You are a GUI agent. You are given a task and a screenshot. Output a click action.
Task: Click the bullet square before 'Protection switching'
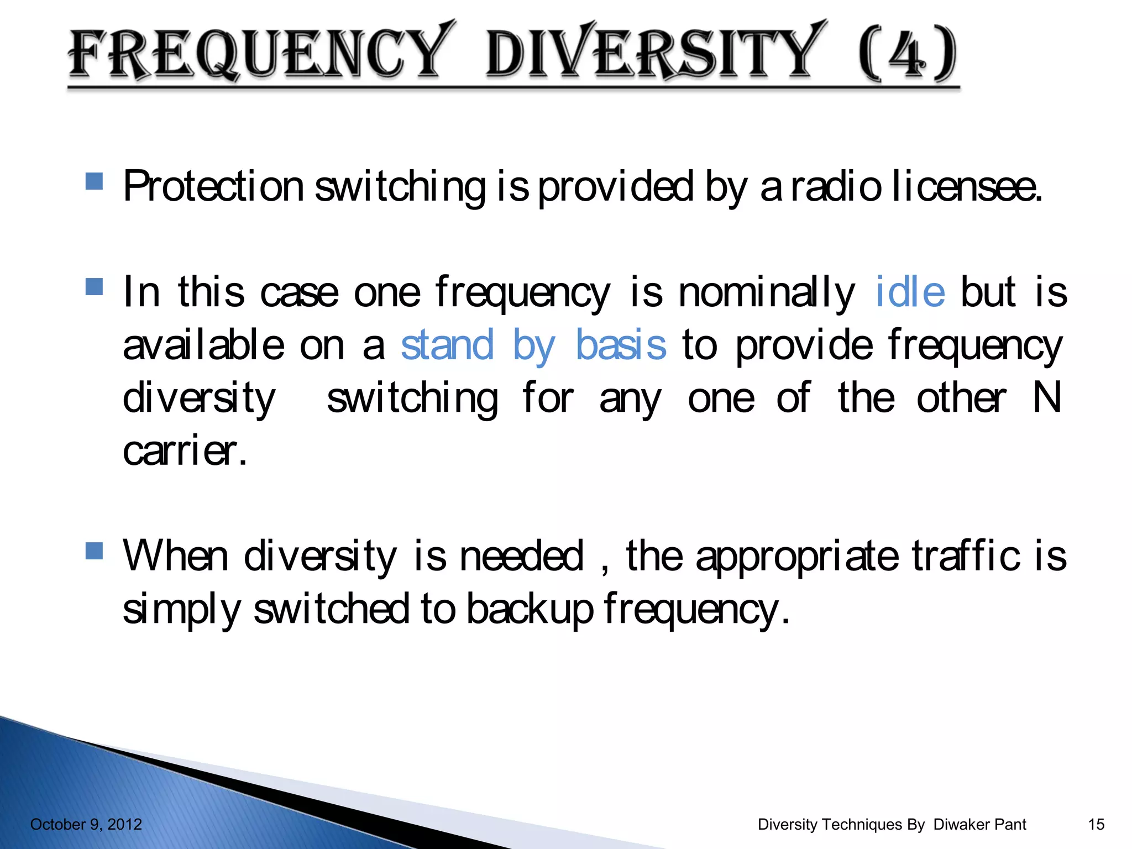pyautogui.click(x=95, y=181)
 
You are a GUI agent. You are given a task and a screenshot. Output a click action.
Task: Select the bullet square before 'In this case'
pyautogui.click(x=95, y=287)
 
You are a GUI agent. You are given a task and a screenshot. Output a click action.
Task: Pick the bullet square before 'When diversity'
pyautogui.click(x=95, y=551)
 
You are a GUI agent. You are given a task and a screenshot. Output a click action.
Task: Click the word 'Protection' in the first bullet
pyautogui.click(x=213, y=187)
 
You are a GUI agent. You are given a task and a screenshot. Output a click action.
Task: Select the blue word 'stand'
pyautogui.click(x=447, y=345)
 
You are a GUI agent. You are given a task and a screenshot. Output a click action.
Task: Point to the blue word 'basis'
pyautogui.click(x=621, y=345)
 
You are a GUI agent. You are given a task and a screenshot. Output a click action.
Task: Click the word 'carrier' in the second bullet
pyautogui.click(x=184, y=451)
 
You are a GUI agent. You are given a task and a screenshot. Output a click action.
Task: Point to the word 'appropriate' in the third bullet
pyautogui.click(x=796, y=557)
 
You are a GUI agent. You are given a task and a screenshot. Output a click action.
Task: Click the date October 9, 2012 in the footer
pyautogui.click(x=86, y=824)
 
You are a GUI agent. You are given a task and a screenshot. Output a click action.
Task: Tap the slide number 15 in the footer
pyautogui.click(x=1096, y=824)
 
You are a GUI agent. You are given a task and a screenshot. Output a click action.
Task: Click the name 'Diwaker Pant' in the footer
pyautogui.click(x=979, y=824)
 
